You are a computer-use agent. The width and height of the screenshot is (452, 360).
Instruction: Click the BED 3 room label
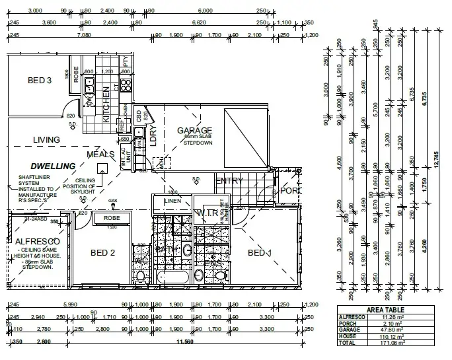point(40,81)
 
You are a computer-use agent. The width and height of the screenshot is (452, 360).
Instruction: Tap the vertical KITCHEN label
point(106,105)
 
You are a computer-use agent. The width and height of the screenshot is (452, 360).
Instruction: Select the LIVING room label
point(46,140)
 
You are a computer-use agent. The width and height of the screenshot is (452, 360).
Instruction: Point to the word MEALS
point(100,155)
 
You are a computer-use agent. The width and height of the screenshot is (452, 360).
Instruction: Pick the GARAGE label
point(194,131)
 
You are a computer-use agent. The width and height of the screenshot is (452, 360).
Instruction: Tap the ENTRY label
point(230,181)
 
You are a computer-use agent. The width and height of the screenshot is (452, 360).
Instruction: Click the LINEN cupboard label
point(172,200)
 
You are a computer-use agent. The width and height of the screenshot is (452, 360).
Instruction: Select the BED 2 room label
point(102,252)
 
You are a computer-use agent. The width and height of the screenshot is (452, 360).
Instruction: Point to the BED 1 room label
point(260,253)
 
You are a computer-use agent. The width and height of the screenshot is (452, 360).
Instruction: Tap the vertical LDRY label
point(153,135)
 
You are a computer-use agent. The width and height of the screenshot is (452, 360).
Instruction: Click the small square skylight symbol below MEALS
point(101,168)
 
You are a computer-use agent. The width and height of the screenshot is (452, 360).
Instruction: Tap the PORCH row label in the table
point(348,322)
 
